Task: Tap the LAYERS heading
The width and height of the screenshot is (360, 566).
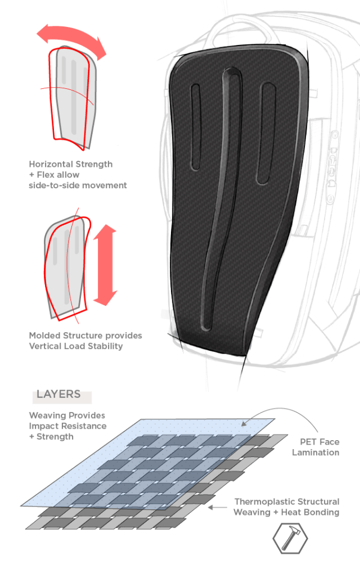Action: (x=58, y=394)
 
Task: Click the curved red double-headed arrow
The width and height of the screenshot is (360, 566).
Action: (x=72, y=40)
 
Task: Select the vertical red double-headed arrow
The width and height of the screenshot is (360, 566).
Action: (x=105, y=265)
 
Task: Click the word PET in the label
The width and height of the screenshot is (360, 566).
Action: (x=308, y=442)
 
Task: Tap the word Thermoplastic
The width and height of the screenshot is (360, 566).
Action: (x=260, y=502)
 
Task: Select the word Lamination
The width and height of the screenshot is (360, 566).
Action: (x=316, y=452)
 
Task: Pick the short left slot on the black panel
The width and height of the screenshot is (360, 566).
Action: (x=195, y=126)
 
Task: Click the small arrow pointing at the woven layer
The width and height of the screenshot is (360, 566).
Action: (x=217, y=508)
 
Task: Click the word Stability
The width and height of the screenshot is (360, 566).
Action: (x=106, y=346)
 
